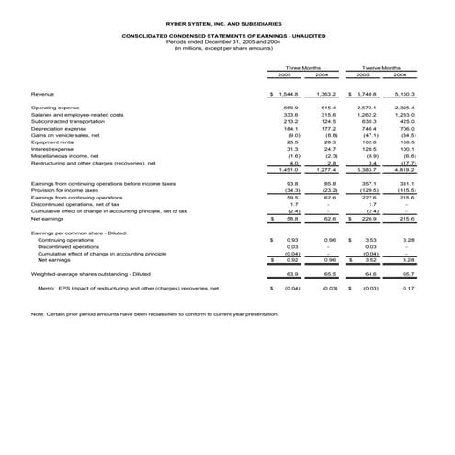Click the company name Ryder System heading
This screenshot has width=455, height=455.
click(x=226, y=20)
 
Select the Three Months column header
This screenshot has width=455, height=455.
click(x=303, y=67)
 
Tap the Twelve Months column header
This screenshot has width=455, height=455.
click(x=382, y=67)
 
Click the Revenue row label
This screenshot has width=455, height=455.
click(x=42, y=94)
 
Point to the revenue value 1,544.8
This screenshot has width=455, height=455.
click(x=290, y=94)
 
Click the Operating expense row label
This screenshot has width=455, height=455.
click(x=55, y=108)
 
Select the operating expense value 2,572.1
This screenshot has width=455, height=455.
click(x=366, y=108)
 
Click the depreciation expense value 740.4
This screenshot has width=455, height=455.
click(x=369, y=129)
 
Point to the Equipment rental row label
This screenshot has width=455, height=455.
click(x=52, y=142)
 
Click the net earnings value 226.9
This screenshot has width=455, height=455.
click(x=369, y=219)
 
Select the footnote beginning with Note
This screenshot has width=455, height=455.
click(x=154, y=314)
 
